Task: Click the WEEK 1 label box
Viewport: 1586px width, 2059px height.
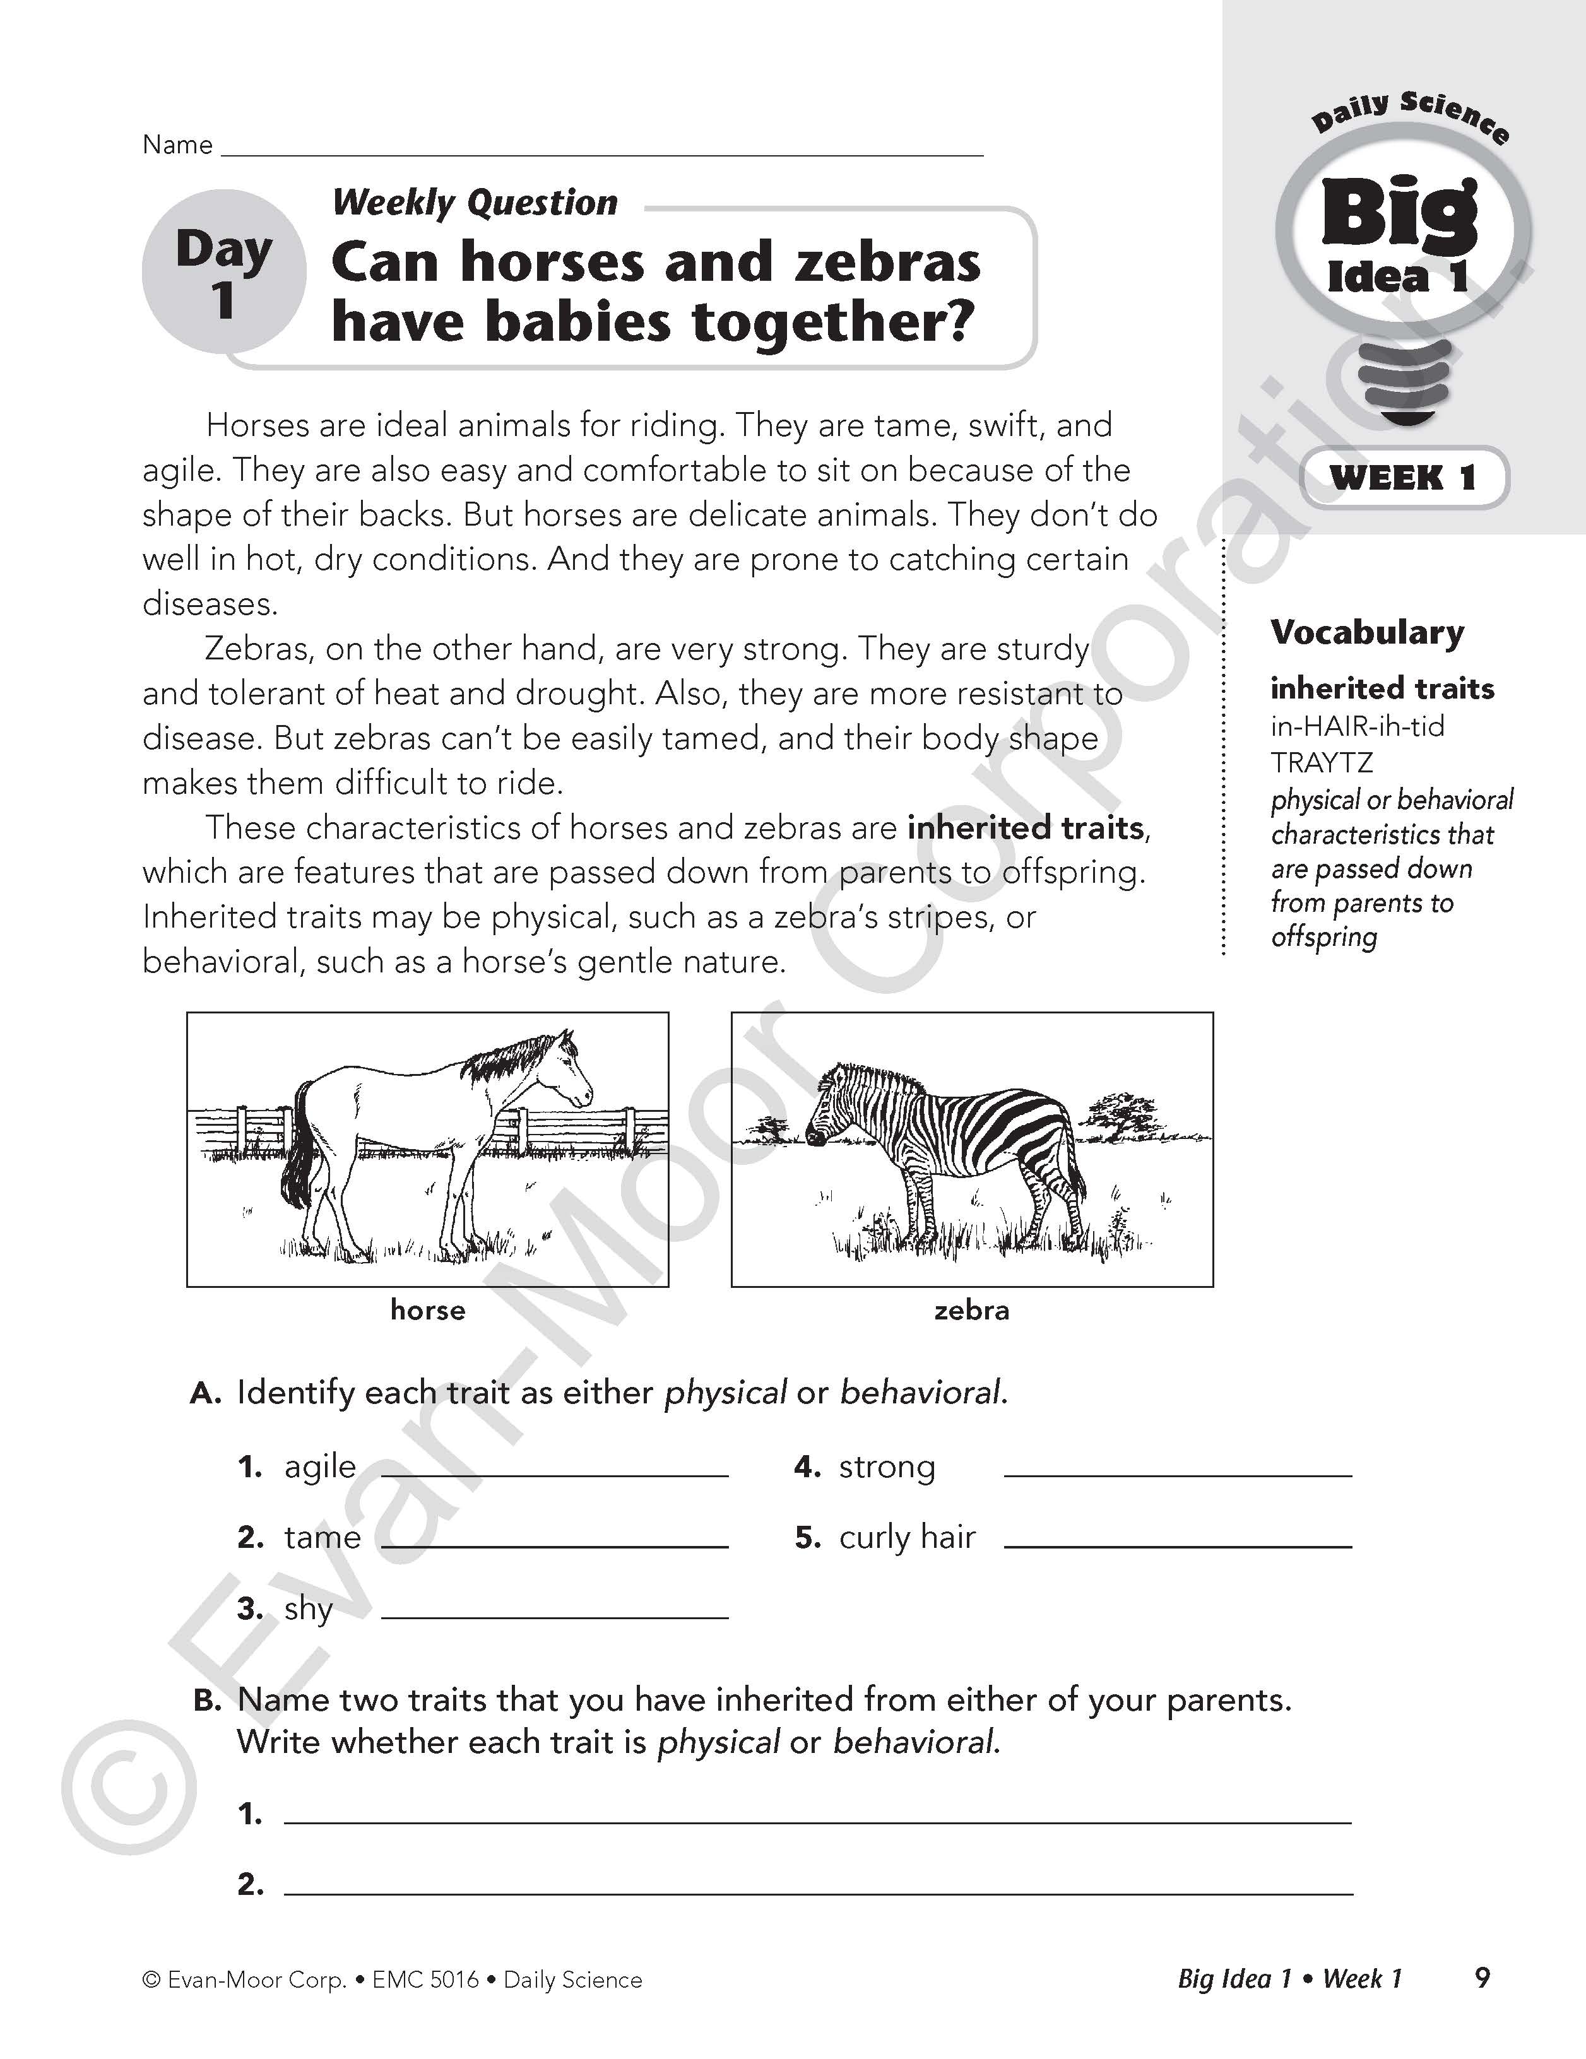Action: click(1403, 478)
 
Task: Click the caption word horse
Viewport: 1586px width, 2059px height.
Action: click(428, 1311)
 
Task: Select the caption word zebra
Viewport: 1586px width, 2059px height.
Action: click(971, 1311)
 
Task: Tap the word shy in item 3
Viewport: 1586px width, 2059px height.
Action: click(309, 1609)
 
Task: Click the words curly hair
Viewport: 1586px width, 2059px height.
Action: click(907, 1538)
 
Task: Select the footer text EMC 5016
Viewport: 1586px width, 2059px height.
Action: click(425, 1980)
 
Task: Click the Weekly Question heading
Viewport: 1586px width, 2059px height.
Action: click(475, 203)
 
